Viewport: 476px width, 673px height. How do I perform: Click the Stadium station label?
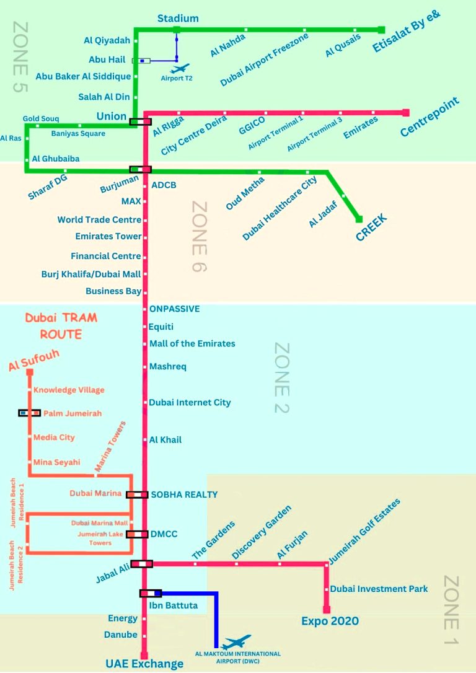178,18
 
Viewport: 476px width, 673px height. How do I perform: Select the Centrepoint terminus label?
430,117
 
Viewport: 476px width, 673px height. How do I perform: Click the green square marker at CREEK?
359,219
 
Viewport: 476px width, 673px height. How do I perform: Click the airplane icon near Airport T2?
181,68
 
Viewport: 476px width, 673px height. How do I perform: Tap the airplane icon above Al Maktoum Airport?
237,642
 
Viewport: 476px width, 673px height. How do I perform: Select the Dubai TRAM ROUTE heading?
61,326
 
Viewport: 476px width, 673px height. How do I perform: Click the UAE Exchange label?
144,664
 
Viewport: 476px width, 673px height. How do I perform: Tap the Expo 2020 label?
330,621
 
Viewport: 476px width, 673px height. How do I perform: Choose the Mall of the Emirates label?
192,343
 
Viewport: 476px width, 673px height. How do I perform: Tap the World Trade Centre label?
99,220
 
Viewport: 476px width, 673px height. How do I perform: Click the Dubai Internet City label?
190,402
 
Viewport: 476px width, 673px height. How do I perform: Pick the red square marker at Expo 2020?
327,610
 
